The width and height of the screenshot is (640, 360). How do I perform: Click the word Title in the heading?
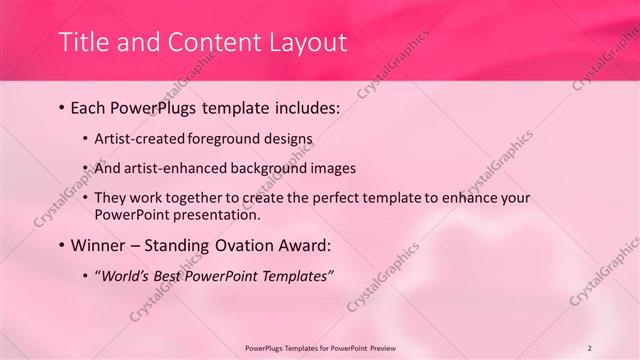(x=83, y=42)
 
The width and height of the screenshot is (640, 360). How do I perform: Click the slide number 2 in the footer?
(x=589, y=348)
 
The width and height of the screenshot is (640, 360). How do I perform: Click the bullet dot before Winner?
(x=63, y=245)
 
